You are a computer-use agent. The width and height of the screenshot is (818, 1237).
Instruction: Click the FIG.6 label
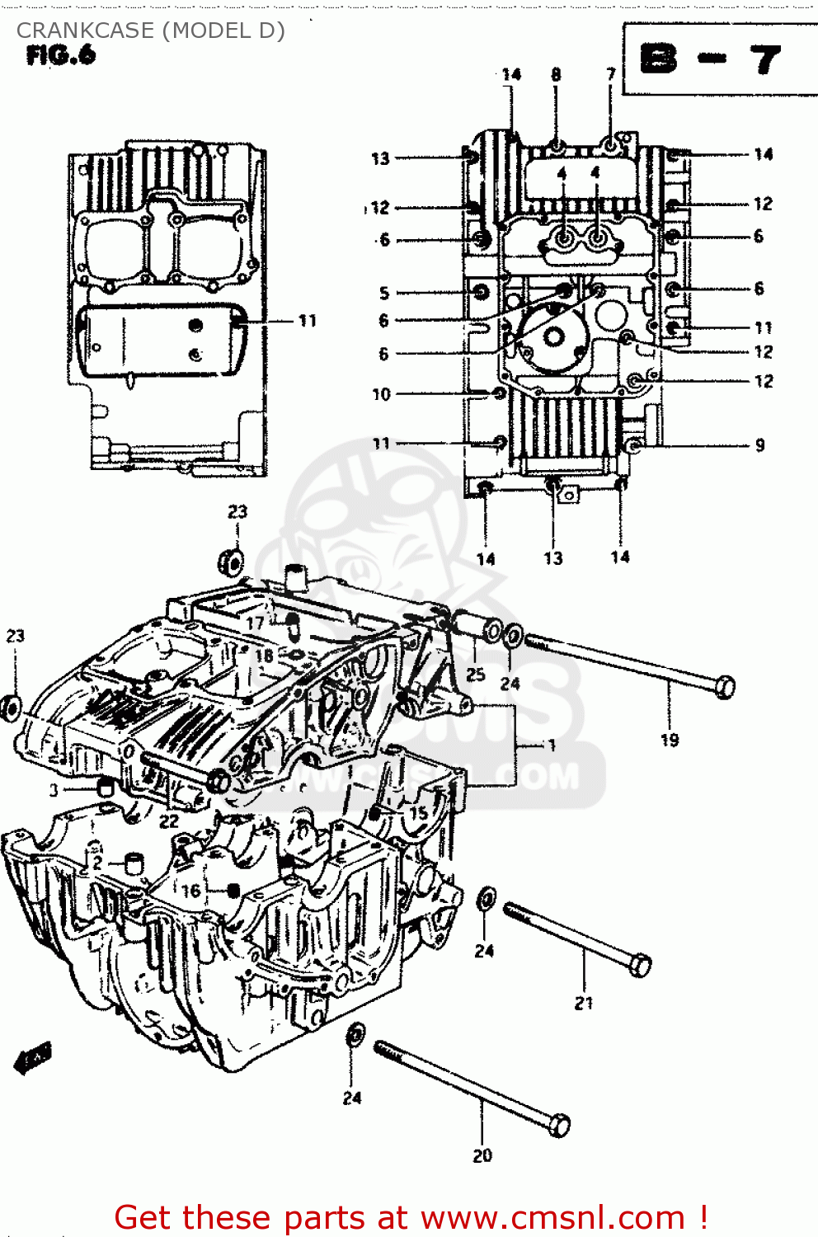(61, 56)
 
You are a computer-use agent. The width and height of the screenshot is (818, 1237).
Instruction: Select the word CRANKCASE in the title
(86, 31)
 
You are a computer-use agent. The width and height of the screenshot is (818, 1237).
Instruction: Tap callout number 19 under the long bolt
(670, 741)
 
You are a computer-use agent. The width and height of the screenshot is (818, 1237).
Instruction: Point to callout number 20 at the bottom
(482, 1155)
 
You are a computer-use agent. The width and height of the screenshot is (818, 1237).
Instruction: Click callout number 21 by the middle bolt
(584, 1003)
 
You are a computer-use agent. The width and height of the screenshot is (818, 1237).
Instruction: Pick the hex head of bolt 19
(725, 686)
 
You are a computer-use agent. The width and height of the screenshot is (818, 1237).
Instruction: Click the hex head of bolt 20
(559, 1125)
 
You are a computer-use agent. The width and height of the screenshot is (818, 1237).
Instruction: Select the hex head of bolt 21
(641, 965)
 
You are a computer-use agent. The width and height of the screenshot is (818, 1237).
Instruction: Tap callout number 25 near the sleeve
(476, 674)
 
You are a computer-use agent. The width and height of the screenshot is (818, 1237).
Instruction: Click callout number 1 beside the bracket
(552, 745)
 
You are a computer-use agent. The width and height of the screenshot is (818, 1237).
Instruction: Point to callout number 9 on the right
(759, 445)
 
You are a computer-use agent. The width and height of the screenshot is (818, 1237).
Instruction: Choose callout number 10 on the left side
(381, 394)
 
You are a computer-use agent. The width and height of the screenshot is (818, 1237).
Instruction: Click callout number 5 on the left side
(384, 293)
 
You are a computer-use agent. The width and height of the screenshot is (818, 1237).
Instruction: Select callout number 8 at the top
(556, 75)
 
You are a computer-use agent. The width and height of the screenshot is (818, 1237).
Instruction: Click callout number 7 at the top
(611, 75)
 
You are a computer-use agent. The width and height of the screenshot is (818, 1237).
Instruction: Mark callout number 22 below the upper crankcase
(169, 821)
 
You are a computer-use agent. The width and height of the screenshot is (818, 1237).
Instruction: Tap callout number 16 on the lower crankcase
(190, 891)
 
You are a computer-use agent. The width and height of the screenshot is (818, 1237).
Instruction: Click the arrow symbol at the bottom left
(33, 1058)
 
